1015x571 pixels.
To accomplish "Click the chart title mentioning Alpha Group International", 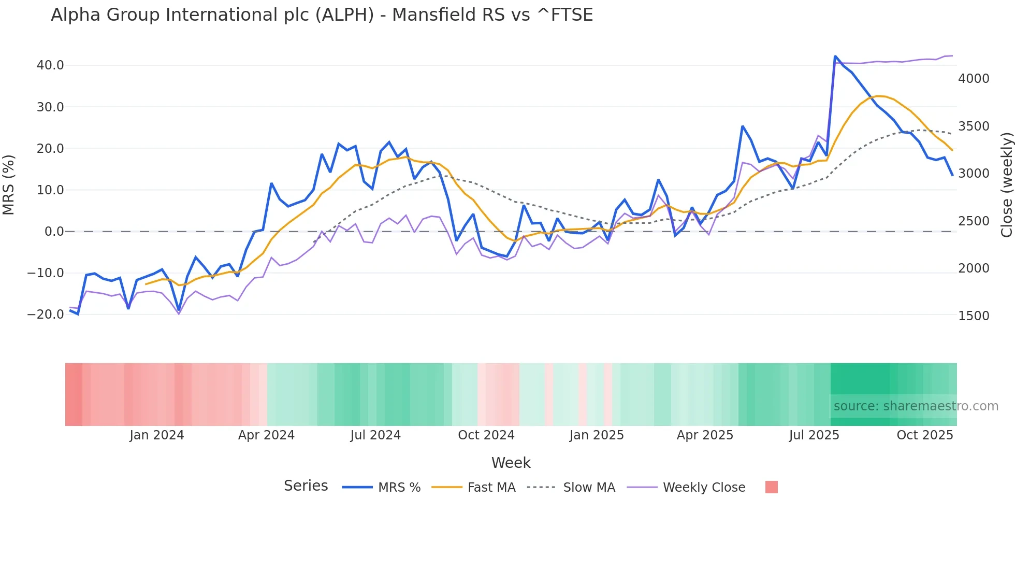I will tap(322, 15).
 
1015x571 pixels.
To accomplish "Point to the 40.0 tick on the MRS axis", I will tap(50, 65).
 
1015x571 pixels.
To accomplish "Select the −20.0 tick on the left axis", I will tap(46, 315).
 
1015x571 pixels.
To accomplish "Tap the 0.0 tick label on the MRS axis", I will tap(54, 232).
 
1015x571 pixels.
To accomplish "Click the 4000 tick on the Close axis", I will tap(974, 79).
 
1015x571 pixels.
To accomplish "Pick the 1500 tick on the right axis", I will tap(974, 316).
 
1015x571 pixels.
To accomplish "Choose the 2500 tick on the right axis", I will tap(974, 221).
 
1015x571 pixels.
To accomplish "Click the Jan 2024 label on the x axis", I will tap(156, 435).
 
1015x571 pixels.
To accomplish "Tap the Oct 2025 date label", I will tap(925, 435).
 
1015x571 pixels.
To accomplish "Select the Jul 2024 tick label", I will tap(375, 435).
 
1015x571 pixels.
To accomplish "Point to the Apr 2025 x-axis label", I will tap(705, 435).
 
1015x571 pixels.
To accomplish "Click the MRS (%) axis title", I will tap(8, 185).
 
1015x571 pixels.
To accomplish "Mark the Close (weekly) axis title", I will tap(1007, 185).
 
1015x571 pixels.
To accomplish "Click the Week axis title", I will tap(511, 463).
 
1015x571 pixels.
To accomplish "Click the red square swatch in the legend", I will tap(772, 487).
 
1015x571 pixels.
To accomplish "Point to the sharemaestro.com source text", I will tap(916, 406).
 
